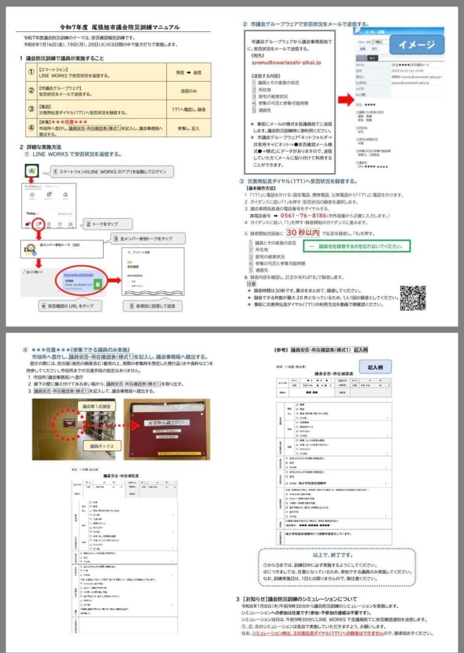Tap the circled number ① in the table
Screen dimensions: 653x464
(30, 72)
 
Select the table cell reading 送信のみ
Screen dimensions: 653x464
(189, 91)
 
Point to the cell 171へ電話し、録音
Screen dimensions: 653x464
(189, 109)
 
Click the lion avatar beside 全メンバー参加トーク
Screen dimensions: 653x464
(30, 249)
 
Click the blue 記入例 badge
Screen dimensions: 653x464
(380, 368)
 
